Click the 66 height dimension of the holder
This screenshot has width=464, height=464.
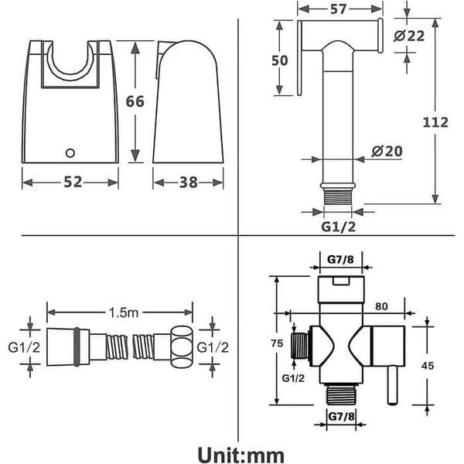(135, 101)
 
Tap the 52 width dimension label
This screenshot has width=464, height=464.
(73, 182)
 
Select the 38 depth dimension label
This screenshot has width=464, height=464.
(188, 183)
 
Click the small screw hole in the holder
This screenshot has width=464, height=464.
(70, 153)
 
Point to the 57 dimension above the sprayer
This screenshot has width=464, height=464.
(338, 9)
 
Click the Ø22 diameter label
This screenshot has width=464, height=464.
(409, 36)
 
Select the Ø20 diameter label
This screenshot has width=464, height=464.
(387, 152)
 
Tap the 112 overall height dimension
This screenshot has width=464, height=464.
(435, 122)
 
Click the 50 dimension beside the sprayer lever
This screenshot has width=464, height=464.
(280, 60)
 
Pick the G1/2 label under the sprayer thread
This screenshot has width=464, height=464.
(339, 227)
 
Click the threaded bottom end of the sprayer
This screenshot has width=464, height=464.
(338, 196)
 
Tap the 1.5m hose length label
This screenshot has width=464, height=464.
(124, 312)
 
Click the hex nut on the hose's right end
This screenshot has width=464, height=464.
(181, 346)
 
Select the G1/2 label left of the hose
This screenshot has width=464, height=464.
(24, 347)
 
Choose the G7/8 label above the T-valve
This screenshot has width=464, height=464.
(340, 260)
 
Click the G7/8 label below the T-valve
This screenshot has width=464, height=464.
(342, 417)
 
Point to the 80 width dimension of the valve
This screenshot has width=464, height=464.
(381, 306)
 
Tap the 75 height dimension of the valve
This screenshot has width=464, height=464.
(277, 343)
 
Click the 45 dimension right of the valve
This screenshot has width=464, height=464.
(428, 366)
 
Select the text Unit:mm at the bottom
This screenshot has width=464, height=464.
(241, 455)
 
